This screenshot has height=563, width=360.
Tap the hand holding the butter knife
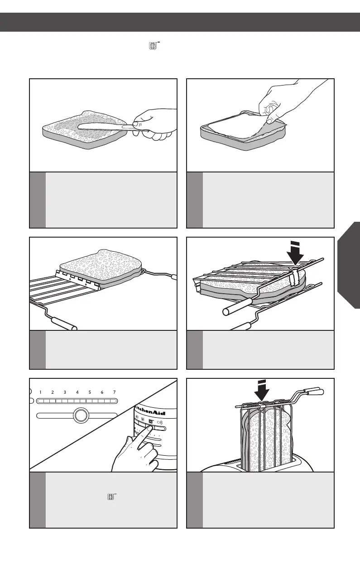pos(156,125)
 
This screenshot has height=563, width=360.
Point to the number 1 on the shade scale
pos(40,392)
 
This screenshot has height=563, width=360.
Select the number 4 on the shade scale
pos(77,392)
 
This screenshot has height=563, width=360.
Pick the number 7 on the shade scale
pos(115,392)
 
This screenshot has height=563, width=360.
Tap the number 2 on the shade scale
pos(53,392)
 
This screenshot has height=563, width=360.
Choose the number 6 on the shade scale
pos(102,392)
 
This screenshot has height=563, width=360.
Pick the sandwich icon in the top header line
pos(153,46)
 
